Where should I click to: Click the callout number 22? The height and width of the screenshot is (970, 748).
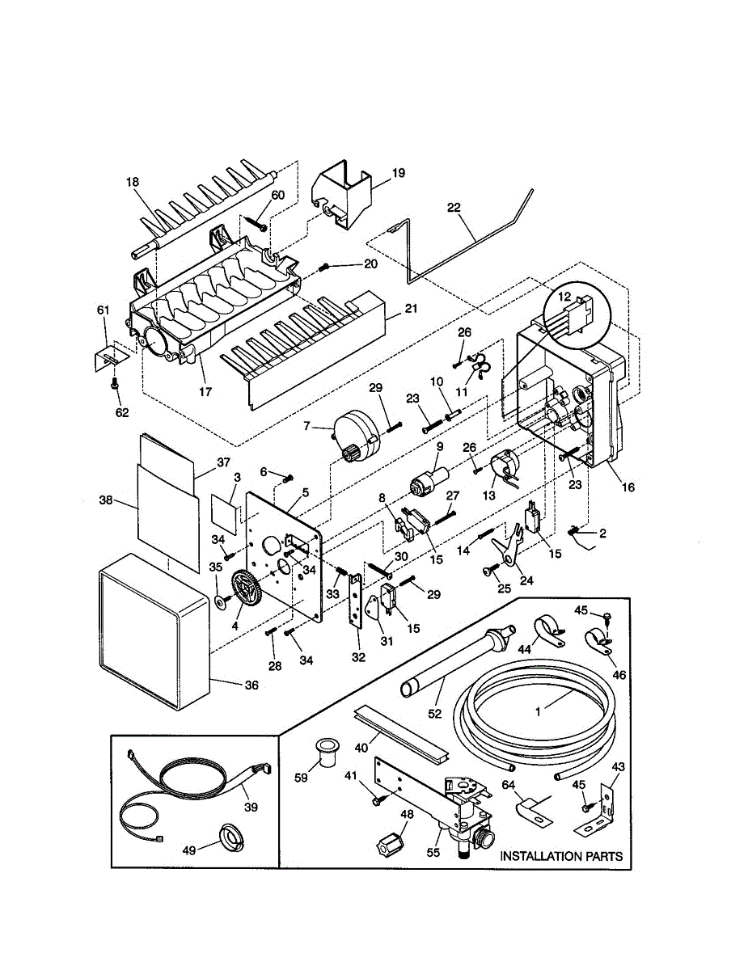(x=454, y=209)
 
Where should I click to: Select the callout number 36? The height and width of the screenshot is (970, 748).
(x=251, y=685)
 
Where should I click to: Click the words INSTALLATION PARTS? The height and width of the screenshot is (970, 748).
(x=561, y=856)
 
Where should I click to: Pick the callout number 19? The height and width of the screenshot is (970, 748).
(x=399, y=173)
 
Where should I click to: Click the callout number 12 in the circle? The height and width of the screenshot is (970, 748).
(x=564, y=297)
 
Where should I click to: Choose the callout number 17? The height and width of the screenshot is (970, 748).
(x=205, y=392)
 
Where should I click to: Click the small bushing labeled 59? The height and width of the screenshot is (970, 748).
(x=326, y=753)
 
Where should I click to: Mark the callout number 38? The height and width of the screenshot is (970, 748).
(x=106, y=500)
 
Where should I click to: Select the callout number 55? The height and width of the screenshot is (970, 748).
(x=433, y=852)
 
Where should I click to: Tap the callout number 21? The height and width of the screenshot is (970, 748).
(x=411, y=309)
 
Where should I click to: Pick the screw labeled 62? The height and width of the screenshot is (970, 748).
(x=116, y=383)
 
